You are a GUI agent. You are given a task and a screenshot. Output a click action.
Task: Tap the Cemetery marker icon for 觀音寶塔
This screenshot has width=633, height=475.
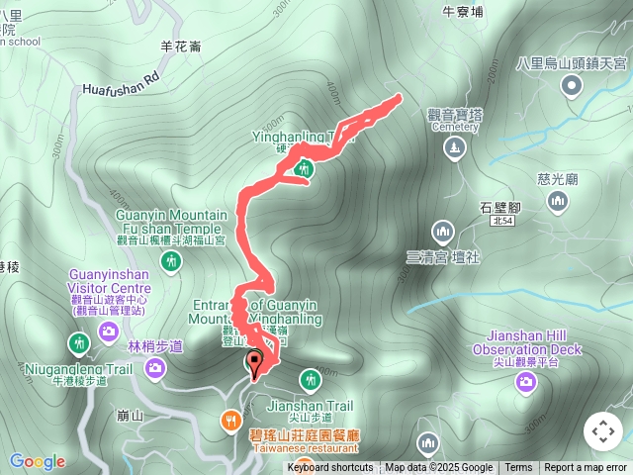pyautogui.click(x=454, y=148)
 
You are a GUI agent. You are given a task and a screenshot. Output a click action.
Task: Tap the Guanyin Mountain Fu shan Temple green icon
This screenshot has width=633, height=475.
pyautogui.click(x=173, y=261)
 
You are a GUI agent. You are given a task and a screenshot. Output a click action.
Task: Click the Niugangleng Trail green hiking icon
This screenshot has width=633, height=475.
pyautogui.click(x=78, y=343)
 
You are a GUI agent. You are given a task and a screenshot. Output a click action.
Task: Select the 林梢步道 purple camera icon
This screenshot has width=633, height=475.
pyautogui.click(x=155, y=369)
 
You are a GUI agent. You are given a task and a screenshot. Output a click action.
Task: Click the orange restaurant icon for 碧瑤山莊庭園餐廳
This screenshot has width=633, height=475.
pyautogui.click(x=230, y=419)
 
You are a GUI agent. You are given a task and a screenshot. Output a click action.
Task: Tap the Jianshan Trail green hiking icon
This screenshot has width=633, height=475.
pyautogui.click(x=311, y=378)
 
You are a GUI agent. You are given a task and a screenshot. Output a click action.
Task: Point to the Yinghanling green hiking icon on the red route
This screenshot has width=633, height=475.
pyautogui.click(x=306, y=169)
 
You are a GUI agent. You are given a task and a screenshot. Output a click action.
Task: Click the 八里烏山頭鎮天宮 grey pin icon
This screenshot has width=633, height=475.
pyautogui.click(x=572, y=87)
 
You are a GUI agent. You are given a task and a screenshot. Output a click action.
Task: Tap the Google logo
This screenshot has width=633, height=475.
pyautogui.click(x=38, y=461)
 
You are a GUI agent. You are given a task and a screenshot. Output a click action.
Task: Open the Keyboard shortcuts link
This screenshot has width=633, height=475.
pyautogui.click(x=330, y=468)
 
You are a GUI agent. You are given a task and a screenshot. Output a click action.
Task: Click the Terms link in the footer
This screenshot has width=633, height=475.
pyautogui.click(x=518, y=468)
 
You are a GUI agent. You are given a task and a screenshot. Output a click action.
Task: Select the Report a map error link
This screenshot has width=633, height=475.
pyautogui.click(x=586, y=468)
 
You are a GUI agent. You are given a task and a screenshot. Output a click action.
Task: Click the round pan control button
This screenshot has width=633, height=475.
pyautogui.click(x=602, y=431)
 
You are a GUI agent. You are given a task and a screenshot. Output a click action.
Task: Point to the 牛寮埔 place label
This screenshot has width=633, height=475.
pyautogui.click(x=463, y=12)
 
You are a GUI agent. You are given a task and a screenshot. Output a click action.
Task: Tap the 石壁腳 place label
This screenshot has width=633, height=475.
pyautogui.click(x=499, y=207)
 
